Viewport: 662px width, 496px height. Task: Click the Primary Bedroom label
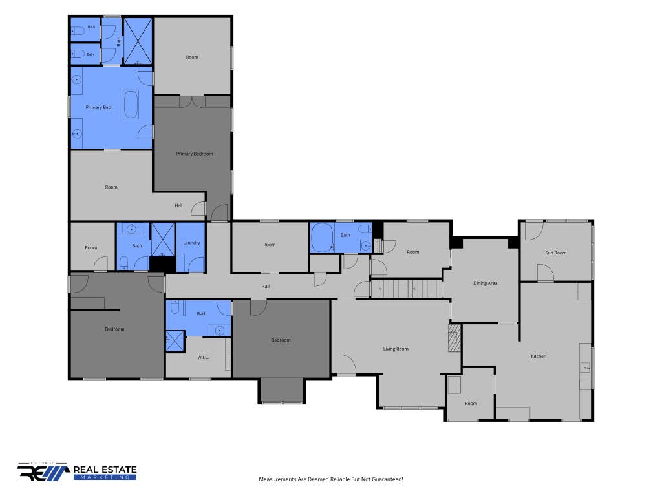click(x=194, y=154)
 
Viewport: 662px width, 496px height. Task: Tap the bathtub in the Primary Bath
click(x=131, y=104)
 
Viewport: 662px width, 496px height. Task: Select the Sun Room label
click(x=555, y=253)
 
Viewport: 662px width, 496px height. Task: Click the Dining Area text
click(x=485, y=284)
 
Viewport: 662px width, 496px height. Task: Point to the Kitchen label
click(x=539, y=356)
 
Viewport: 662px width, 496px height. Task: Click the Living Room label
click(x=396, y=349)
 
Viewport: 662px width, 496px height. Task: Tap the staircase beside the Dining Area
click(x=406, y=289)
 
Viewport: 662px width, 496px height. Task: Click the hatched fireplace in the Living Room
click(x=454, y=338)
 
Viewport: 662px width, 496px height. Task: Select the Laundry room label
click(x=191, y=243)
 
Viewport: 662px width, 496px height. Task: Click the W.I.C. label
click(x=203, y=358)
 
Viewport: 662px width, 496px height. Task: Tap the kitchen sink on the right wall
click(x=586, y=368)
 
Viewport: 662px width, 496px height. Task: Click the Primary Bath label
click(x=99, y=108)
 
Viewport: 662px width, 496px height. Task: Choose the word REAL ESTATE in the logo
click(x=105, y=470)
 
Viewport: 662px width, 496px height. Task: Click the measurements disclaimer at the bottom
click(x=331, y=479)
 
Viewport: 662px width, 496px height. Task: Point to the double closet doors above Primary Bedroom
click(x=192, y=101)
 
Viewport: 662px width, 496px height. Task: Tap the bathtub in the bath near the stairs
click(x=323, y=238)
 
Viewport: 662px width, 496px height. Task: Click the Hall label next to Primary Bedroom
click(x=178, y=206)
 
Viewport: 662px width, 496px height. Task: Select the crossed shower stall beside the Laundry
click(x=163, y=239)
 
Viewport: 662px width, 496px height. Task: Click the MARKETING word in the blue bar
click(x=105, y=477)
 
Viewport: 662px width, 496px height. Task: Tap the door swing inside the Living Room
click(x=347, y=364)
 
